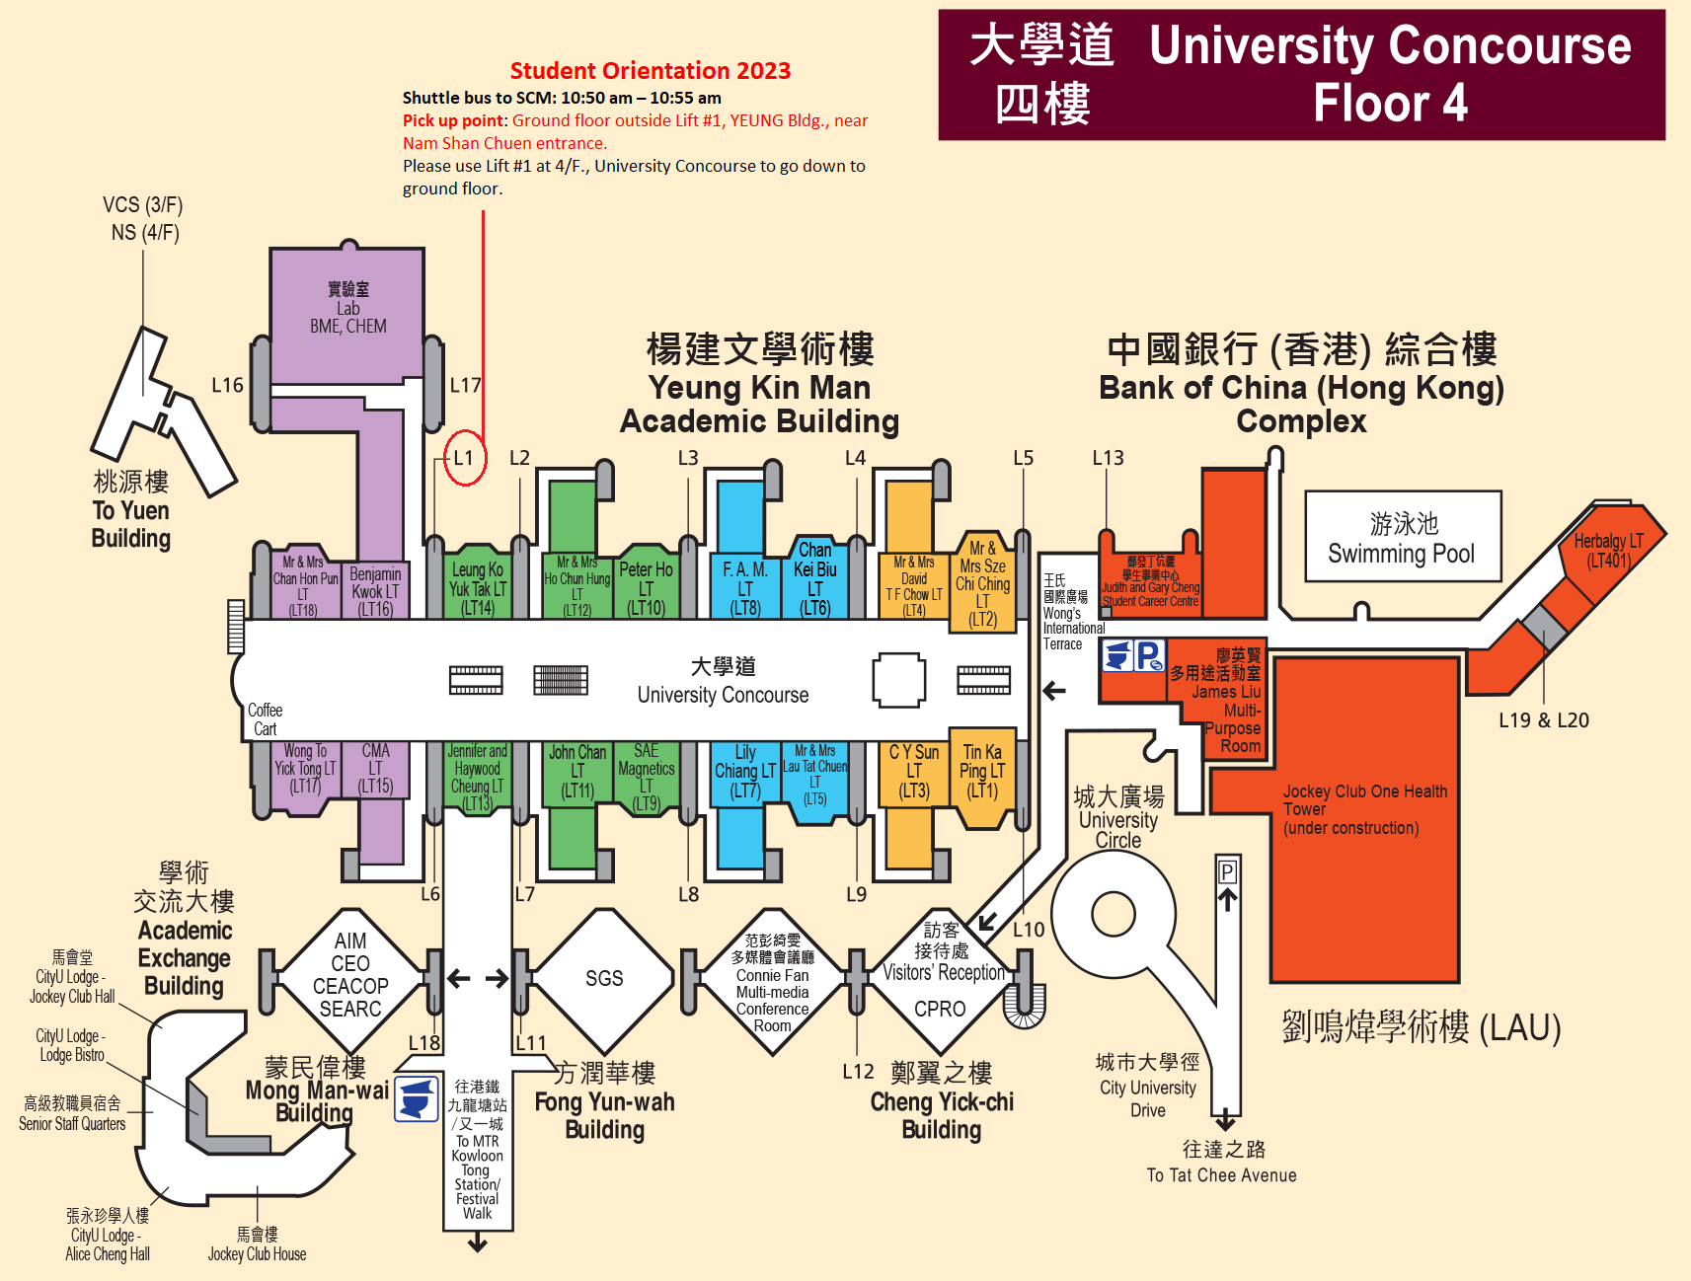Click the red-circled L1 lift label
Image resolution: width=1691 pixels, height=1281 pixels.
[x=464, y=458]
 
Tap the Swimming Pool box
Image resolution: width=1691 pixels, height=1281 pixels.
[x=1402, y=539]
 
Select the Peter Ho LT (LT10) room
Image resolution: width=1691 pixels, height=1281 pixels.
[x=646, y=586]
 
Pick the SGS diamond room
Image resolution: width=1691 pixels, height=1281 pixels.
[x=603, y=978]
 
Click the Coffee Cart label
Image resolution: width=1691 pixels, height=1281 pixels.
[x=265, y=719]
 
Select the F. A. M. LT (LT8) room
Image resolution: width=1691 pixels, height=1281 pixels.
[x=744, y=587]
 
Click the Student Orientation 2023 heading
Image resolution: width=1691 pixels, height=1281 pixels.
[x=650, y=71]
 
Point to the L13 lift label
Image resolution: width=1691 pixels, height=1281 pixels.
[x=1108, y=458]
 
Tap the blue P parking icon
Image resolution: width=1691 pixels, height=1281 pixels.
[x=1148, y=655]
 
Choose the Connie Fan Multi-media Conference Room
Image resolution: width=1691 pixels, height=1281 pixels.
[x=772, y=984]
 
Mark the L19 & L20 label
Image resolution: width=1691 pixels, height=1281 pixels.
[x=1543, y=720]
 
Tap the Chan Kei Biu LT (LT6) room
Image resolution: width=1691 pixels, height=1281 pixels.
[x=814, y=577]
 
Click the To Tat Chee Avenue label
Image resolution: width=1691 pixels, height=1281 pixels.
[x=1221, y=1174]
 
